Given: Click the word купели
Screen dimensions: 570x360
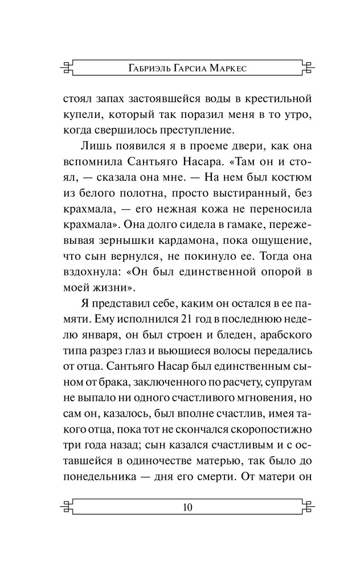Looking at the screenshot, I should click(x=80, y=115).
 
